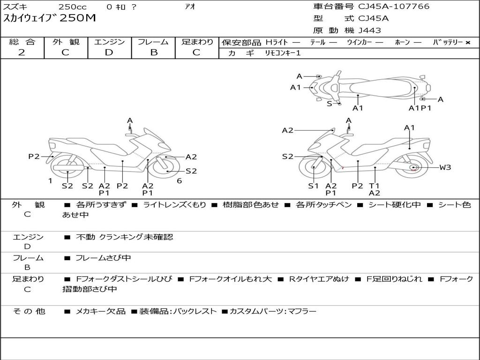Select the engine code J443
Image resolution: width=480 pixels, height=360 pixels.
pos(370,30)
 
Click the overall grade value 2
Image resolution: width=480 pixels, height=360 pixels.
pos(21,52)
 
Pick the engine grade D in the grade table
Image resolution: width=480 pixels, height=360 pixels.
pos(109,52)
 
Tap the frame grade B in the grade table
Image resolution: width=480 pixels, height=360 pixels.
pos(153,52)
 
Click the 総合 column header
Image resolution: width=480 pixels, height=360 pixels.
pos(22,42)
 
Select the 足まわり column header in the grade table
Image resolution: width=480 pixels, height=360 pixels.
pos(197,42)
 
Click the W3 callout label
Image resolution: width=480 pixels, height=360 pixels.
pos(445,167)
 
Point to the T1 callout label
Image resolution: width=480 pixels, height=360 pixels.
pos(374,186)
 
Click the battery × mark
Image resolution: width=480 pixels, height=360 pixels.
pos(467,43)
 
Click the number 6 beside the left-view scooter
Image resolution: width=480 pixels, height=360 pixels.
pos(179,181)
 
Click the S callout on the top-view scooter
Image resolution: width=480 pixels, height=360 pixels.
pos(329,104)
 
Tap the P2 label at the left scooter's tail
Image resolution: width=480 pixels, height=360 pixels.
pos(34,157)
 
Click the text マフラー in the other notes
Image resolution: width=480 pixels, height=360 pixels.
pos(302,311)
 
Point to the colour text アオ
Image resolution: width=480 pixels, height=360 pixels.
pos(189,7)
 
